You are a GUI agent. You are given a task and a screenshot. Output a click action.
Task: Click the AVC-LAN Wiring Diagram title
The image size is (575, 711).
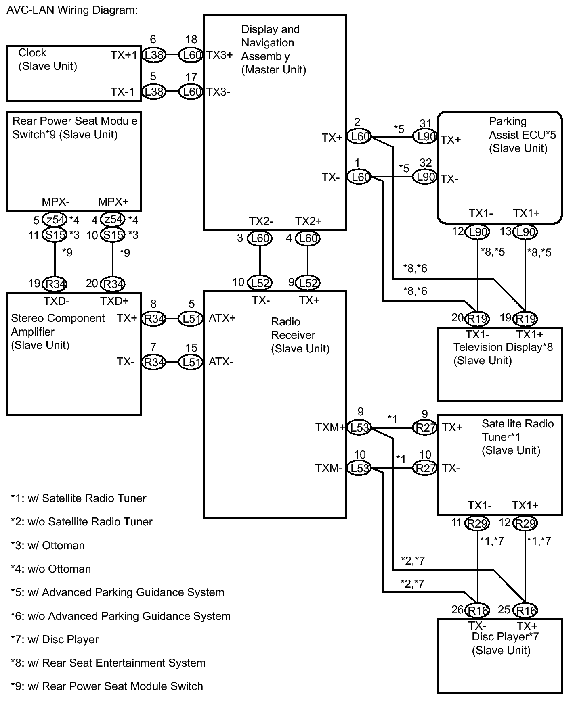(72, 10)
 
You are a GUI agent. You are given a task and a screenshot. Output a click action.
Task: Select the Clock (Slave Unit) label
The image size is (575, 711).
(48, 59)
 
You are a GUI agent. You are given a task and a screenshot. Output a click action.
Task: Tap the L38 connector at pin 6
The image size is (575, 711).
(154, 55)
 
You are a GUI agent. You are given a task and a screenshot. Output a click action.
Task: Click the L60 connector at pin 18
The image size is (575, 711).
(191, 55)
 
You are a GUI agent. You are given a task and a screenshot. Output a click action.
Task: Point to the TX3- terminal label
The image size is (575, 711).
(218, 92)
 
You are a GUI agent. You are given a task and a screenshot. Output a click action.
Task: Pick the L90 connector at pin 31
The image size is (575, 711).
(425, 137)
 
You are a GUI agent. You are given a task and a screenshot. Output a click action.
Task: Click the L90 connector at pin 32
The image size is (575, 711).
(425, 177)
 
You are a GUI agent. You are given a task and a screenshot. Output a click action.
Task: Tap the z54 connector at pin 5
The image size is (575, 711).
(55, 219)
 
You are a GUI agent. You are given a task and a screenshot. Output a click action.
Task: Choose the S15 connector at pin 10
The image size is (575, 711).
(113, 235)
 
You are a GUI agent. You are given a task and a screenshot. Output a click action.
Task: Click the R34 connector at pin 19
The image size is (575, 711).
(55, 284)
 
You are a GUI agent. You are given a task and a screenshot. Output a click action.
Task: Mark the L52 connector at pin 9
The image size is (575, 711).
(308, 283)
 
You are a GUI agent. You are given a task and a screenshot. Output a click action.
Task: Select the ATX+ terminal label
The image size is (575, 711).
(222, 318)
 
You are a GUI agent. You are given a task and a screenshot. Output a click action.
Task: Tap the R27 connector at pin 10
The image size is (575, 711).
(425, 468)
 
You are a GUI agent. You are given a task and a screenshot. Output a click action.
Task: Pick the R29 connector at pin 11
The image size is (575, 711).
(477, 523)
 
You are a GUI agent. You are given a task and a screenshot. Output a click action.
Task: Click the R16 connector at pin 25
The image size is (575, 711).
(525, 610)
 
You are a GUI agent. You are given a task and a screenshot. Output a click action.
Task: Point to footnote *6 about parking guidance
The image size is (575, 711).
(121, 616)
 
